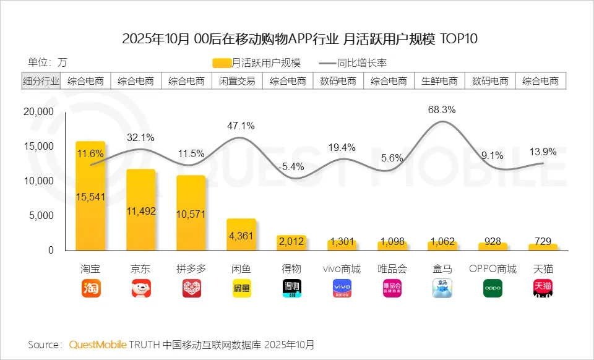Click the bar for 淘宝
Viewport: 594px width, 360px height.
point(90,195)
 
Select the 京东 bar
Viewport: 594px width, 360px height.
point(140,210)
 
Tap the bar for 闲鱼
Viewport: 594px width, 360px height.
point(241,234)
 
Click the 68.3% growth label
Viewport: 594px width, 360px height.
point(442,110)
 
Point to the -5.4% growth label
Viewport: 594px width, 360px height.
point(291,166)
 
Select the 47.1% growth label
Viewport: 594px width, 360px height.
point(241,126)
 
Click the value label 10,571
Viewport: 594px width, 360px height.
point(191,215)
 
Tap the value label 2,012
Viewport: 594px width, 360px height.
point(291,241)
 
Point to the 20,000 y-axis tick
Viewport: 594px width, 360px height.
point(38,112)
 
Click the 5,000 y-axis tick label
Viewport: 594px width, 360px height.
point(41,216)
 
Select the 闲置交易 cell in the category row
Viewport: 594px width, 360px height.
point(237,81)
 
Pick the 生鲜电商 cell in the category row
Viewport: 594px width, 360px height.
point(439,81)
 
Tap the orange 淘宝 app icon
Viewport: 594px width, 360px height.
point(90,288)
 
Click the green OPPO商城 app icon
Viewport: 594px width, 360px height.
point(493,288)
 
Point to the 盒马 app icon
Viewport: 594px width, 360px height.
point(442,288)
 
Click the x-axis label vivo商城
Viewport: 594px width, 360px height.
point(342,269)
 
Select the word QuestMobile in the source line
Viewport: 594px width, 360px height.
point(98,344)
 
